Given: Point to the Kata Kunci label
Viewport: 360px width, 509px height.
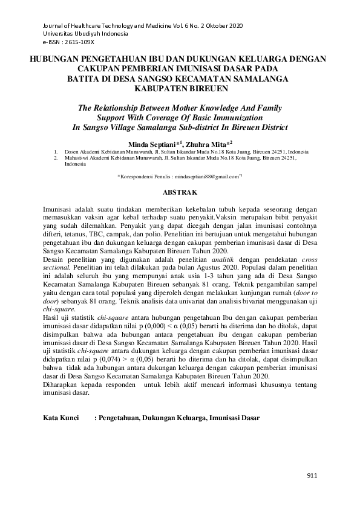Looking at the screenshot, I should [x=62, y=418].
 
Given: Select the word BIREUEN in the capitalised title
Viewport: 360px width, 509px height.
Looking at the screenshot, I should [x=206, y=88].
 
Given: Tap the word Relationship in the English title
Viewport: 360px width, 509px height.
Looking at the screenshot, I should [x=136, y=107].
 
